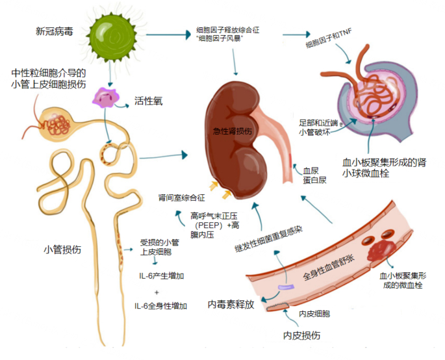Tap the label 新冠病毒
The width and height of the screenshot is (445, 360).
coord(54,31)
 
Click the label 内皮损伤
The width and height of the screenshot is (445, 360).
coord(302,335)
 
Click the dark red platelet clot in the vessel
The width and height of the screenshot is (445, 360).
coord(379,249)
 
